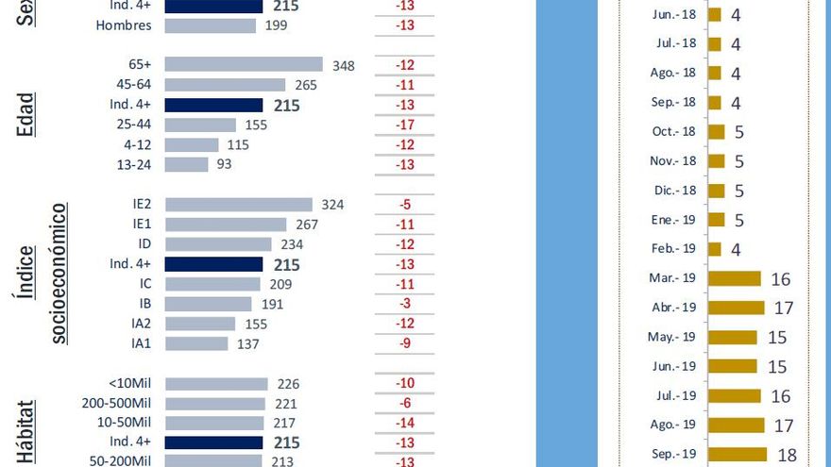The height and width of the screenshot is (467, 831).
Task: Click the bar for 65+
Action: tap(244, 65)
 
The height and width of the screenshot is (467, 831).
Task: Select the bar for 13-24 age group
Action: tap(186, 164)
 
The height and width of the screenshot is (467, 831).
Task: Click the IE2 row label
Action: tap(143, 204)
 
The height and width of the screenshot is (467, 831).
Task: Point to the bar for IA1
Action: tap(196, 343)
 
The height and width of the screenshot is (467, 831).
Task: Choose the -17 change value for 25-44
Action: tap(405, 125)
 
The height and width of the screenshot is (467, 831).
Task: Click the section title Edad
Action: tap(27, 114)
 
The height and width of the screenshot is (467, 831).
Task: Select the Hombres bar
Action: tap(210, 25)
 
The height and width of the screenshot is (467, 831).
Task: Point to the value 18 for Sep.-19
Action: tap(787, 455)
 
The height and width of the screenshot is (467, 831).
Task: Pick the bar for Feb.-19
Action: tap(714, 249)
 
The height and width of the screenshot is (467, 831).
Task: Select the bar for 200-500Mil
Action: tap(215, 404)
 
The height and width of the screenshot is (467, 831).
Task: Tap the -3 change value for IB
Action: tap(405, 304)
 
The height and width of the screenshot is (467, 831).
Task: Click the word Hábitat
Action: tap(27, 433)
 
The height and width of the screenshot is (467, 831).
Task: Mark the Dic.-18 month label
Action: tap(675, 191)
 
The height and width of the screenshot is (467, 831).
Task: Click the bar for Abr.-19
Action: tap(736, 308)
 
